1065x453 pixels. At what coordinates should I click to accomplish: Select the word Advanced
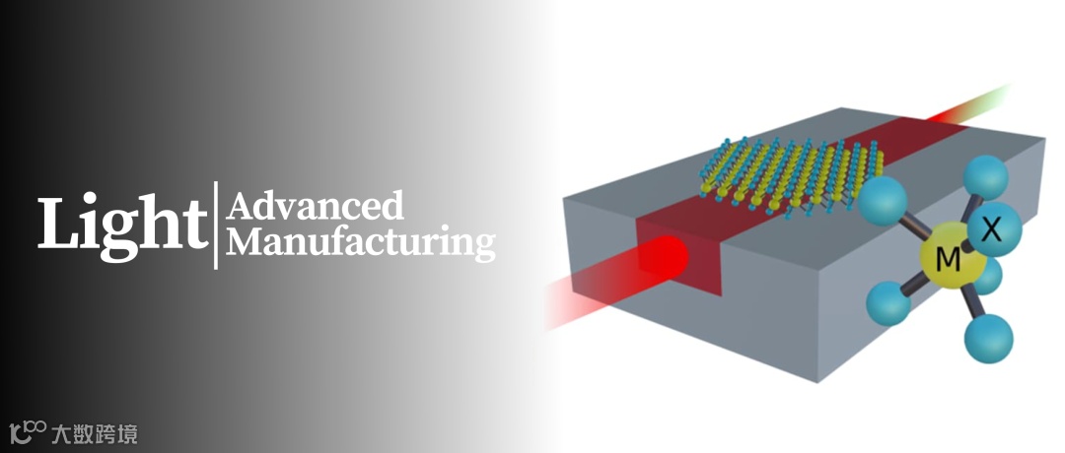316,207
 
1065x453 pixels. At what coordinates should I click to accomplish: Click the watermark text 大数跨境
95,432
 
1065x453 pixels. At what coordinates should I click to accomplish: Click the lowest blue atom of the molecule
987,338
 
